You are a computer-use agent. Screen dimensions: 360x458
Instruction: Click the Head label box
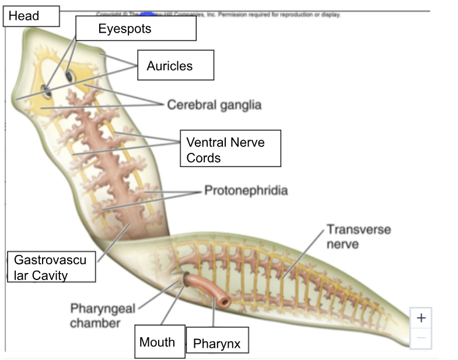[x=31, y=16]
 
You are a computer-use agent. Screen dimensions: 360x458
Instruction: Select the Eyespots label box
[x=135, y=28]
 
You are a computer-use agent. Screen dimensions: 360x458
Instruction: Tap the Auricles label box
[x=176, y=65]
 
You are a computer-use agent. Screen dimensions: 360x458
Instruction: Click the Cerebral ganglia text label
[x=214, y=105]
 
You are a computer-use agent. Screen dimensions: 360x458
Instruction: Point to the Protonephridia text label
[x=246, y=191]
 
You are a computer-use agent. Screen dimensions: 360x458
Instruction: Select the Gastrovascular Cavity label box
[x=51, y=267]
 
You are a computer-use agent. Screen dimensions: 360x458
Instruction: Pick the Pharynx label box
[x=218, y=343]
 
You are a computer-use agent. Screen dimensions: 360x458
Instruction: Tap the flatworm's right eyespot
[x=69, y=76]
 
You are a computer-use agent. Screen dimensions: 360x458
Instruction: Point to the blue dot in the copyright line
[x=151, y=14]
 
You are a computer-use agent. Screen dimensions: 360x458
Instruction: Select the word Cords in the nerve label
[x=204, y=158]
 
